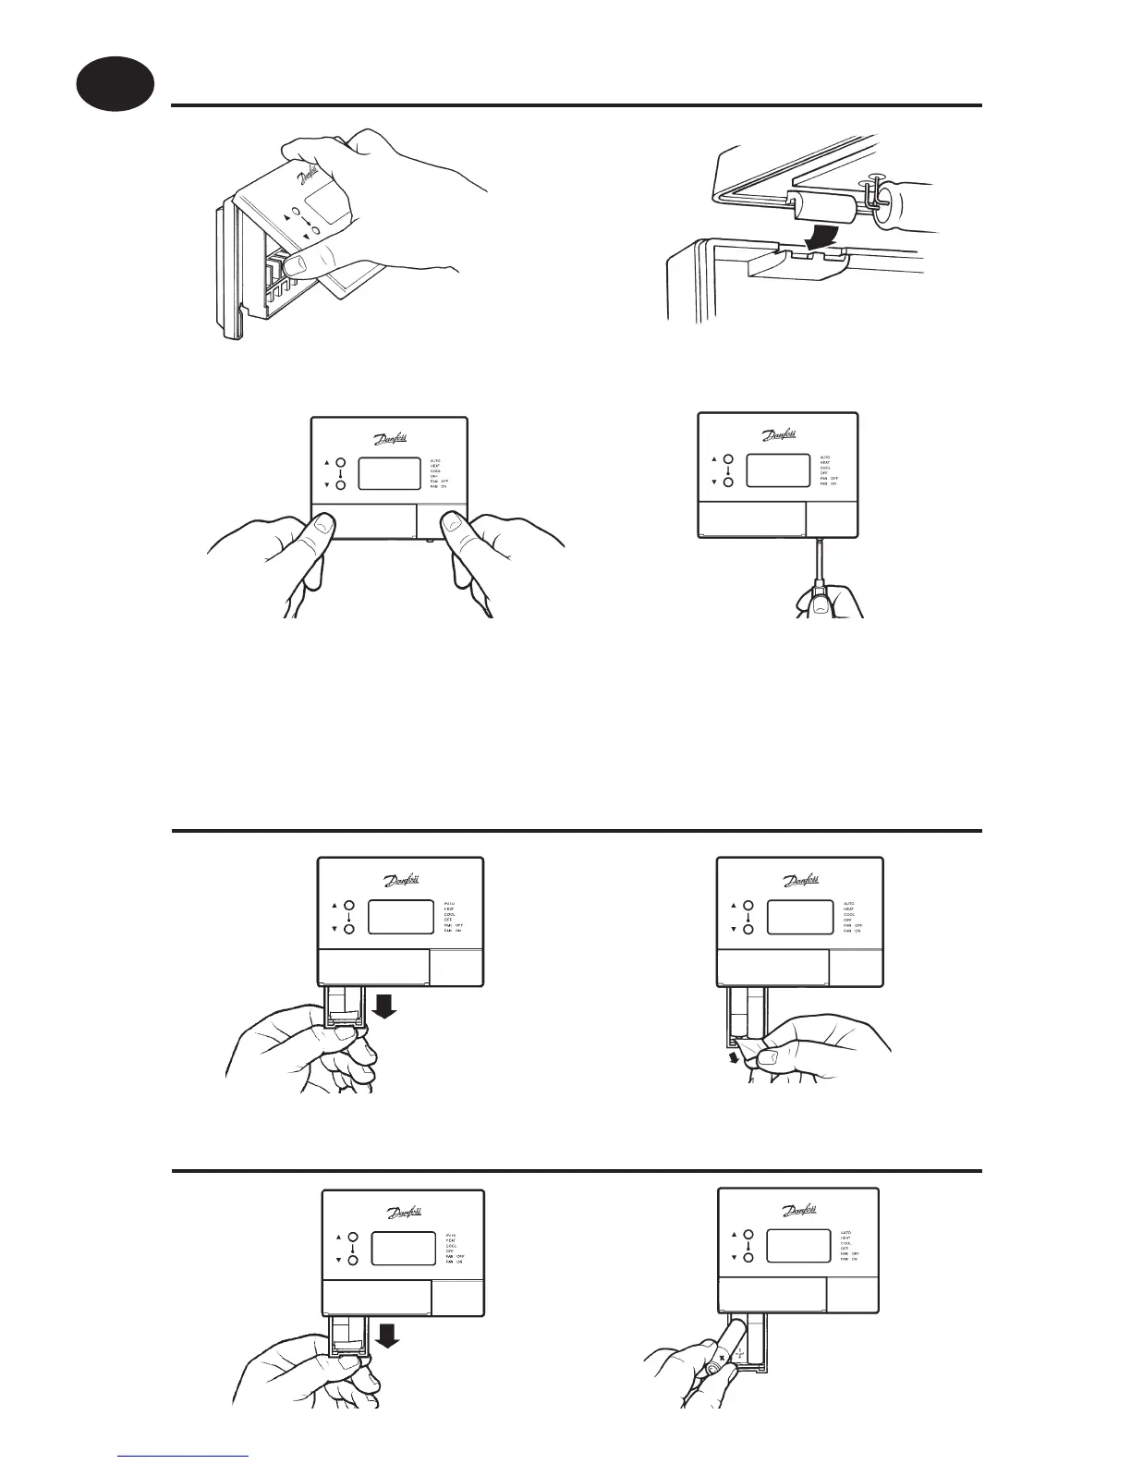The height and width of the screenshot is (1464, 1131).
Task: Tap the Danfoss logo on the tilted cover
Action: click(x=309, y=177)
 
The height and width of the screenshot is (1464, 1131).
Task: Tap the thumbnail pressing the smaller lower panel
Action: click(x=452, y=526)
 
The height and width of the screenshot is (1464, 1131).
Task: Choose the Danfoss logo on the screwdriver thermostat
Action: click(x=779, y=435)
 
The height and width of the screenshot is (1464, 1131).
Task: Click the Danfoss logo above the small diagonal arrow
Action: click(x=800, y=882)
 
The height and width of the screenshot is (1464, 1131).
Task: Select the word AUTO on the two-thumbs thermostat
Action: click(x=435, y=460)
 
